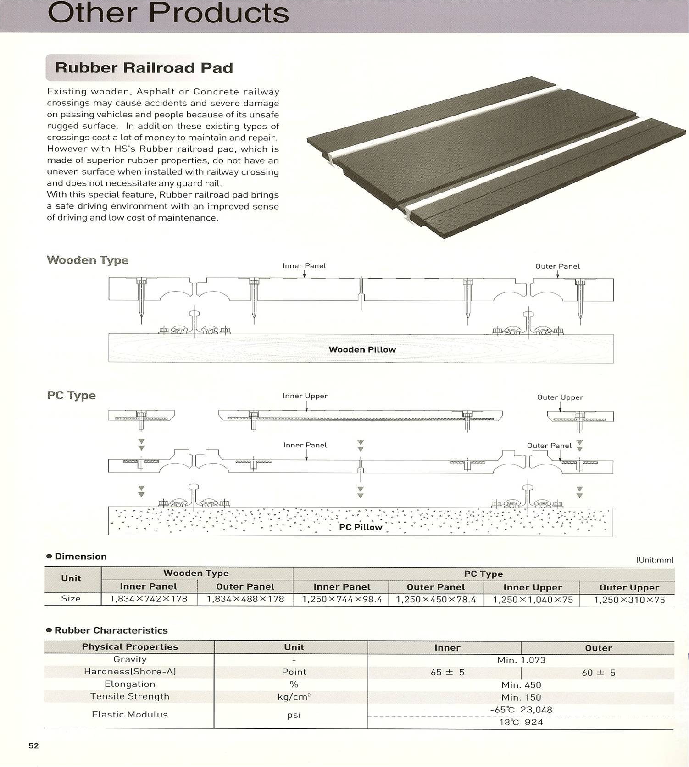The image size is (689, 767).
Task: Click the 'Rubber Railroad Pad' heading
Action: (144, 68)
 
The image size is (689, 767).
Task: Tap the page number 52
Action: (34, 745)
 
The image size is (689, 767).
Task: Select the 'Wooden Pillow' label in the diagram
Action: (362, 349)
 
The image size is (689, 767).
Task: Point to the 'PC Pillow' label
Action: (361, 527)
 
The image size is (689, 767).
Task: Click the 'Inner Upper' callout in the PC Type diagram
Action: (305, 396)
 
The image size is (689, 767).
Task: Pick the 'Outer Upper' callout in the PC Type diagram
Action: (560, 397)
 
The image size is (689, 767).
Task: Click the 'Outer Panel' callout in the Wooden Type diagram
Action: (557, 266)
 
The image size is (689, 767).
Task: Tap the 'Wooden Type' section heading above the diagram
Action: (88, 260)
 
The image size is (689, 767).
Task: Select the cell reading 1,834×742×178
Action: (149, 599)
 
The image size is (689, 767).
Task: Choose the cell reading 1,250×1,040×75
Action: (533, 600)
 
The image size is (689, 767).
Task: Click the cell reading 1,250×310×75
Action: (629, 600)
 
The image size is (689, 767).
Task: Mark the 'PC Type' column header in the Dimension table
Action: (483, 574)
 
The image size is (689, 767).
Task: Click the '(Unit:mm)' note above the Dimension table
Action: (655, 560)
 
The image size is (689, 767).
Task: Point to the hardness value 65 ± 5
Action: (447, 673)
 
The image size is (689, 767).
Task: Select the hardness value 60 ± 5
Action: (598, 673)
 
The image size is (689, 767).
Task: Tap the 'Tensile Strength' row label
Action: (130, 696)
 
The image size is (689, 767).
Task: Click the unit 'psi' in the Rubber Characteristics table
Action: (294, 715)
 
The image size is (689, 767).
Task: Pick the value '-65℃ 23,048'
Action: (521, 710)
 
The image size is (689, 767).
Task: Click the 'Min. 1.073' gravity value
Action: (521, 660)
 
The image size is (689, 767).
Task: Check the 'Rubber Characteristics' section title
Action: (111, 630)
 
